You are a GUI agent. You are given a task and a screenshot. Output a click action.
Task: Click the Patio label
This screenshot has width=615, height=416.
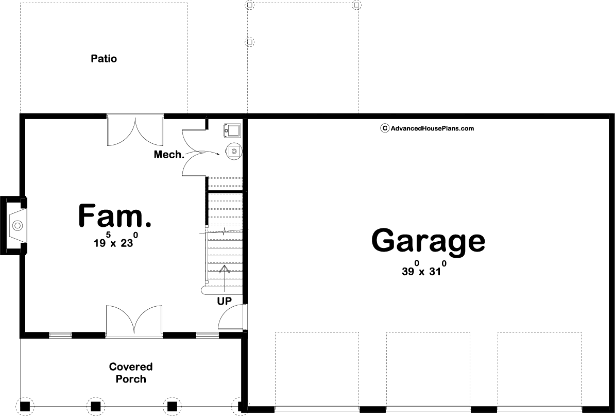104,58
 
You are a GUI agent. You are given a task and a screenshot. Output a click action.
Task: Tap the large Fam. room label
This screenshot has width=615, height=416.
115,215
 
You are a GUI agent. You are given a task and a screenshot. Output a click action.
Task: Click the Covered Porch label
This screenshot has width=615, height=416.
131,373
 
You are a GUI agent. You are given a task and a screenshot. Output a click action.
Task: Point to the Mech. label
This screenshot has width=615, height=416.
169,155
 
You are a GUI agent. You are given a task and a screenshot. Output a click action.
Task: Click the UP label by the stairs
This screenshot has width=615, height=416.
225,301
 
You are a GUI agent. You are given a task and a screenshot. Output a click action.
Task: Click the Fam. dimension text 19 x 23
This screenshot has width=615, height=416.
115,240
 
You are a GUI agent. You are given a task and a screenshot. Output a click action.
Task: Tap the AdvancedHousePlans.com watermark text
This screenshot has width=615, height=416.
432,128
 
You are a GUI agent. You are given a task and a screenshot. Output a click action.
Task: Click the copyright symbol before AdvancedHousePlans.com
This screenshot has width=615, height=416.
385,128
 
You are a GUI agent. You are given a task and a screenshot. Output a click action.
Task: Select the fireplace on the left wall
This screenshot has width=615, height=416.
14,226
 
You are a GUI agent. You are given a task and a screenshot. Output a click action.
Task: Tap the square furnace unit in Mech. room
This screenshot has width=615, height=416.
233,130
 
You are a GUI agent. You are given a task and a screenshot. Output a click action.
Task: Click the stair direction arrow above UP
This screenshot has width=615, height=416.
225,279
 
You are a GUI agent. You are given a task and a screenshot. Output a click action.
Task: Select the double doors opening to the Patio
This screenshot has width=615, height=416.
135,130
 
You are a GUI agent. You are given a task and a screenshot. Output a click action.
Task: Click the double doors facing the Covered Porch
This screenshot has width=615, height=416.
134,321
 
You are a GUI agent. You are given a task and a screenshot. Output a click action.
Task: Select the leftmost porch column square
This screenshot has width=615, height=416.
25,405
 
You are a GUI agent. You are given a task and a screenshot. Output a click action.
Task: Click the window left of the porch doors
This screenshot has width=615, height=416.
60,335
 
